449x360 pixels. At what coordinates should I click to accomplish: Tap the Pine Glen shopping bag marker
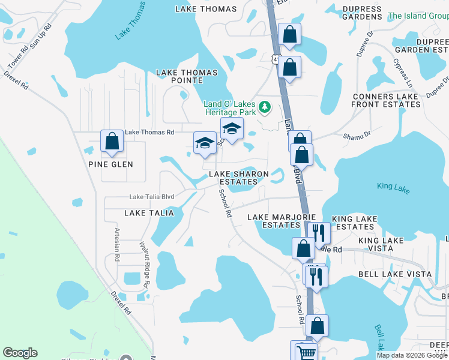[x=112, y=142]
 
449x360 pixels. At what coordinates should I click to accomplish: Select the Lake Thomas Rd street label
[x=149, y=132]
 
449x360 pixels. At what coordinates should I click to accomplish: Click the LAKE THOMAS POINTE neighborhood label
[x=187, y=76]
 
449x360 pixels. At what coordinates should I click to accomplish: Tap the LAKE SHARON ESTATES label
[x=239, y=178]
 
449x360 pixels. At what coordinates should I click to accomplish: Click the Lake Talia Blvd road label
[x=152, y=197]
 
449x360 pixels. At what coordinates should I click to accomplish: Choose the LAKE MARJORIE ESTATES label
[x=274, y=221]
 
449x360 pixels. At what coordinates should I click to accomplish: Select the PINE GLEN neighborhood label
[x=110, y=164]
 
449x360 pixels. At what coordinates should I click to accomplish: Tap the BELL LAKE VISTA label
[x=394, y=274]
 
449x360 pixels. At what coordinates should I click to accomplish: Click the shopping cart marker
[x=306, y=353]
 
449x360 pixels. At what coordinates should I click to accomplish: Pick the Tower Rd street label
[x=17, y=58]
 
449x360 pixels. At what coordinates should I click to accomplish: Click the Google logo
[x=20, y=353]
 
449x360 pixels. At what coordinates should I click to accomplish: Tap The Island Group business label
[x=418, y=16]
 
